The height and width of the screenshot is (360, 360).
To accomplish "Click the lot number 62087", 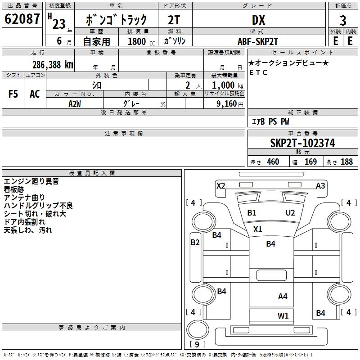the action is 22,19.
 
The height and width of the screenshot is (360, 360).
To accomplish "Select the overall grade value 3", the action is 343,21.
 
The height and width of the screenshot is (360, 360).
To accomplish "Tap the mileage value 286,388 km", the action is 53,65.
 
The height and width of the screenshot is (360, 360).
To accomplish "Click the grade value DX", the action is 259,20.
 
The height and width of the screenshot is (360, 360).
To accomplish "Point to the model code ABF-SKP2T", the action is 258,41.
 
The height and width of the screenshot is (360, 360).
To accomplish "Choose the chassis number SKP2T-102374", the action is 302,143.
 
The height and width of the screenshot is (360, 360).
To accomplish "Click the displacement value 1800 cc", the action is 141,41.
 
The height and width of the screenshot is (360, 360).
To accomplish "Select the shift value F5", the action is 13,94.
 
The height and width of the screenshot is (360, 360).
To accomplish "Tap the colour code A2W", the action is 75,104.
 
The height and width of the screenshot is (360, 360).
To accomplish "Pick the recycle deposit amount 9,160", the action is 227,104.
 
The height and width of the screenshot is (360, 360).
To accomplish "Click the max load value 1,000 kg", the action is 228,85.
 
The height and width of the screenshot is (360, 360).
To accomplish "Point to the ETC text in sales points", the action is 258,72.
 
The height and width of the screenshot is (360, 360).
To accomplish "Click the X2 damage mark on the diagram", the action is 221,185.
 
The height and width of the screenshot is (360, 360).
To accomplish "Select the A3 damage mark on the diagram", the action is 320,185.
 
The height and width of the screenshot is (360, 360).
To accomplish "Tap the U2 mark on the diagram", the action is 290,212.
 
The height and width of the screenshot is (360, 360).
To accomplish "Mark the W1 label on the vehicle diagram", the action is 283,316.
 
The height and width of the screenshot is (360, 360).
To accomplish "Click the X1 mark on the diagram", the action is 257,229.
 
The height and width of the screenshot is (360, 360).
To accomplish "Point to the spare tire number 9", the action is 197,344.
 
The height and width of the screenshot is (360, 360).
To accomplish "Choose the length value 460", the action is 273,162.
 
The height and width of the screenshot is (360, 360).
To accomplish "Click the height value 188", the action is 346,162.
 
